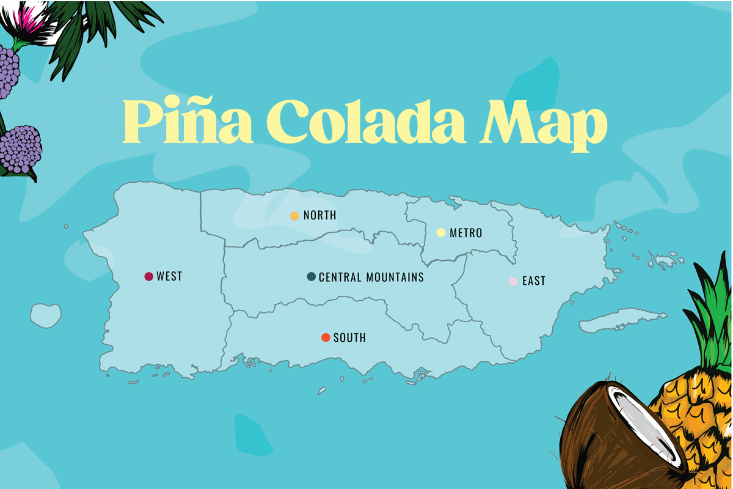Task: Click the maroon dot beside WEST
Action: (x=148, y=277)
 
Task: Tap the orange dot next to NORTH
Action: (x=294, y=216)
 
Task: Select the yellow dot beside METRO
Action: (x=440, y=232)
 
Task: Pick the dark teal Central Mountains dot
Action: (x=312, y=277)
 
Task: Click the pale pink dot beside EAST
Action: (x=513, y=281)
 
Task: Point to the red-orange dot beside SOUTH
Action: (x=326, y=337)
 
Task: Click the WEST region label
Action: (x=169, y=277)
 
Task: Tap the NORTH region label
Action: (x=319, y=216)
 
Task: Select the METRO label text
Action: (x=465, y=233)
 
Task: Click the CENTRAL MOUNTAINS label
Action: (x=371, y=278)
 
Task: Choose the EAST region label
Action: (x=533, y=281)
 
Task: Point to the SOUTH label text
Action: (x=349, y=338)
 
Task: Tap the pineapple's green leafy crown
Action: (x=712, y=318)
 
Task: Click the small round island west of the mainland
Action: (x=46, y=315)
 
